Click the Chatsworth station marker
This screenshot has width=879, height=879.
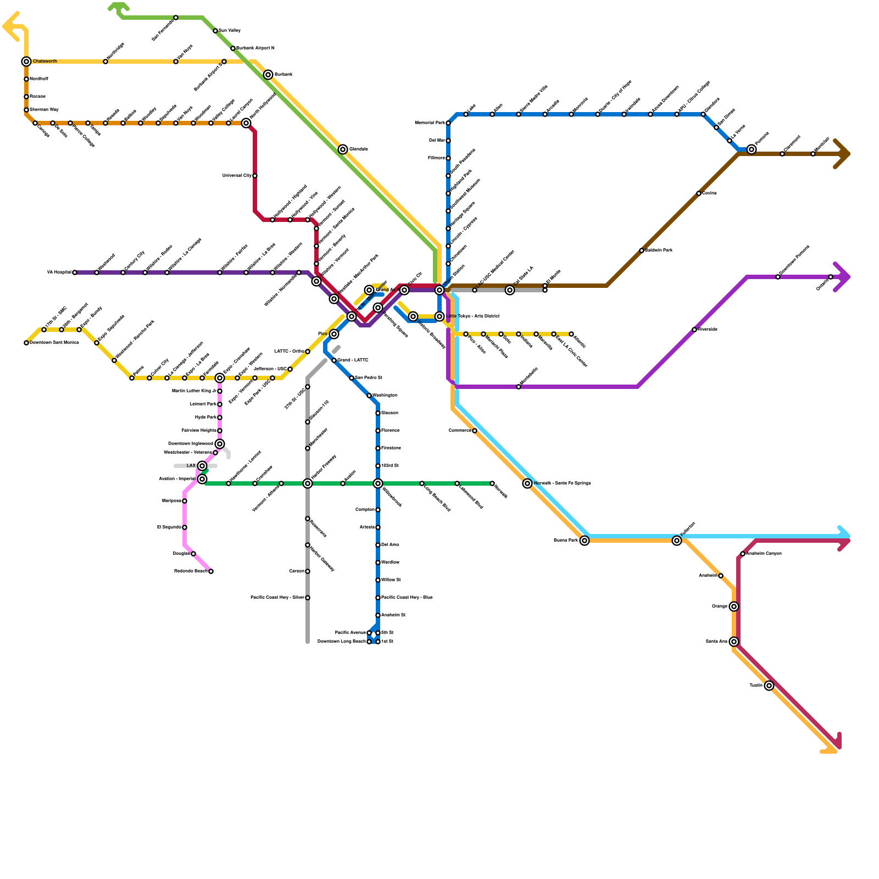[26, 62]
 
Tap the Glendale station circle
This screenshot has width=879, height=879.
[343, 149]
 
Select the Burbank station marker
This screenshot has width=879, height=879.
[268, 75]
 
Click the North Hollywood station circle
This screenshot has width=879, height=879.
[246, 123]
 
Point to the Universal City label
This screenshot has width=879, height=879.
[237, 176]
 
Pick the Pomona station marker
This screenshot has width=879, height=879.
[752, 149]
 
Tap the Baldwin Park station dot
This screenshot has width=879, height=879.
[642, 251]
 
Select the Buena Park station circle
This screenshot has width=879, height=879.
[585, 541]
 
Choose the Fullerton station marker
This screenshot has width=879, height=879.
[677, 541]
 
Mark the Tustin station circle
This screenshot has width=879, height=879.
[769, 686]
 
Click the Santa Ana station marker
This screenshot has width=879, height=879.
[734, 642]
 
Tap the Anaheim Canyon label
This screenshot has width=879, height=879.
[764, 554]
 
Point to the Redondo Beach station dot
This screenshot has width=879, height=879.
[211, 571]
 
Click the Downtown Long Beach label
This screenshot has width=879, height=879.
[341, 642]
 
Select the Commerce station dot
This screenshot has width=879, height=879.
[475, 431]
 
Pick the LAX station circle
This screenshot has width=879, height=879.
[202, 466]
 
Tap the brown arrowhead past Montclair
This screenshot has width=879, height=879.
[843, 154]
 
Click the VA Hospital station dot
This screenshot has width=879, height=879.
[75, 272]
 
